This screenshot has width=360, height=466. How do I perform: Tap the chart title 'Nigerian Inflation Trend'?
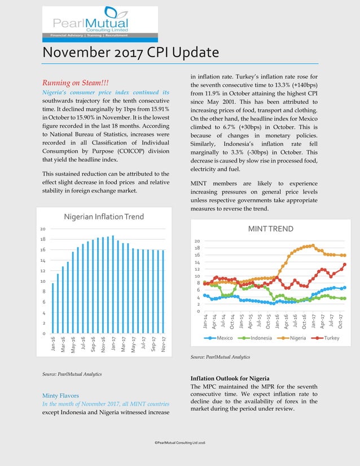point(103,217)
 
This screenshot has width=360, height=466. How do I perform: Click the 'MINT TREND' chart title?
point(271,228)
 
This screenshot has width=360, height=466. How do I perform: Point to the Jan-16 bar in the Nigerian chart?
point(53,308)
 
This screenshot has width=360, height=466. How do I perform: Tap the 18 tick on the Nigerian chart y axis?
point(42,239)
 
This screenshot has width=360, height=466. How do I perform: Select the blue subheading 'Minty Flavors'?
point(60,395)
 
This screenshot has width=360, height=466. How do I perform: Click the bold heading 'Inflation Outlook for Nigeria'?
point(231,377)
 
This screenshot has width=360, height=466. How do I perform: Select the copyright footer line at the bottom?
point(179,445)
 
